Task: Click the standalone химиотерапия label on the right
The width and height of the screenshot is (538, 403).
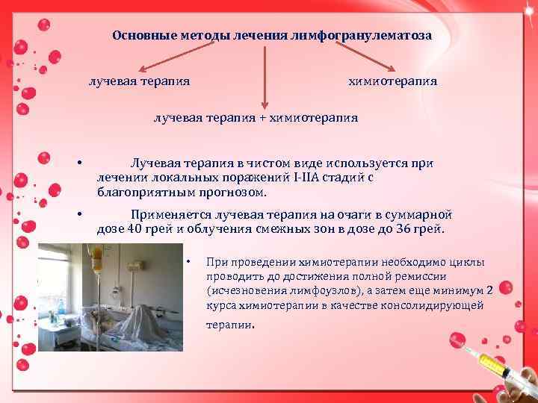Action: pos(392,80)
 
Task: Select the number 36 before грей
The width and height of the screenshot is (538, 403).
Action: pos(400,228)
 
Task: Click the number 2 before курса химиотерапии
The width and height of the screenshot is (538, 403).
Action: pos(489,291)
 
